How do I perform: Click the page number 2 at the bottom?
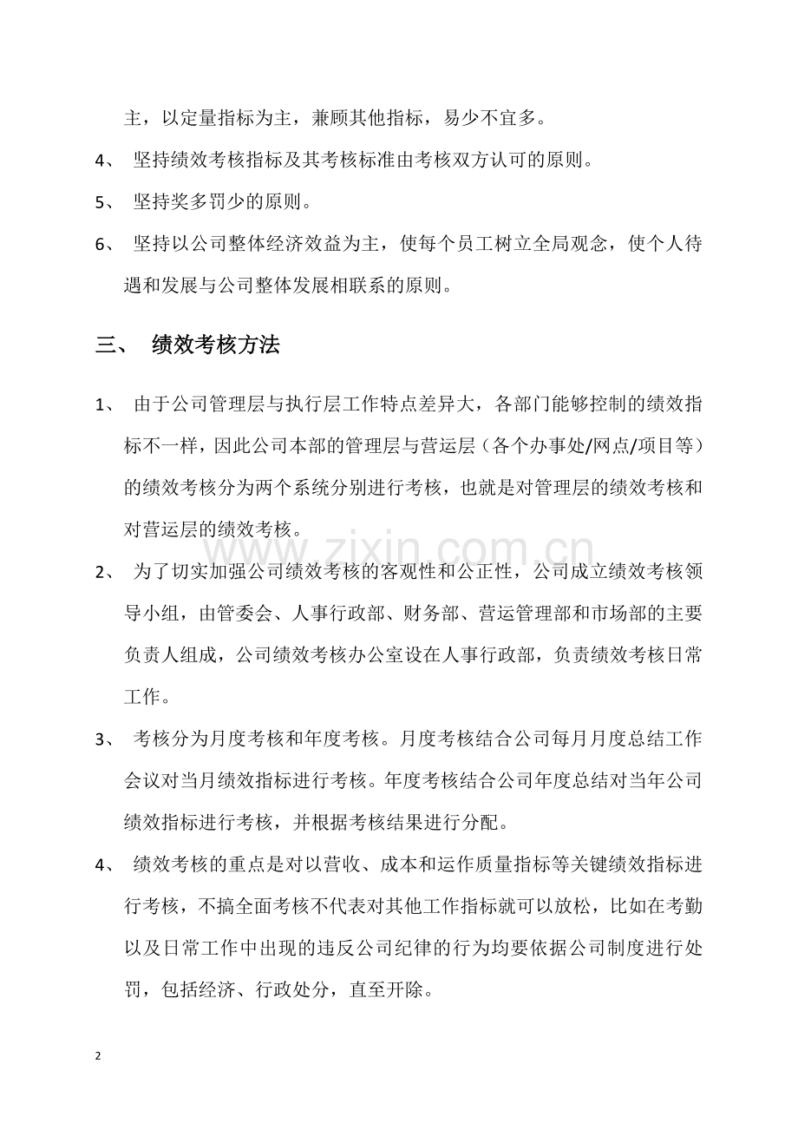[x=98, y=1055]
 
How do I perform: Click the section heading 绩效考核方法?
[x=215, y=345]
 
